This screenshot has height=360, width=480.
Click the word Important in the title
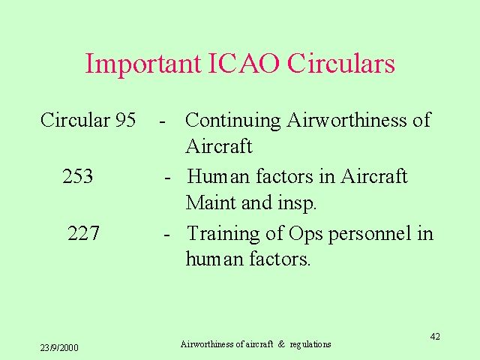coord(143,64)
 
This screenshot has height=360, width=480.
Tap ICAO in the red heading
coord(244,63)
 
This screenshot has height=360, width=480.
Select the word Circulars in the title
coord(341,63)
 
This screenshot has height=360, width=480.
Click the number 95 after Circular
coord(125,120)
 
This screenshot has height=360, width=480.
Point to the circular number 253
coord(78,176)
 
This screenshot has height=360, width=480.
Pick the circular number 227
coord(83,233)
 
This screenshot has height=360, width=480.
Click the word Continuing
coord(233,121)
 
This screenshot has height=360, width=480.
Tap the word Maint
coord(211,202)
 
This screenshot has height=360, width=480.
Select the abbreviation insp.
coord(297,203)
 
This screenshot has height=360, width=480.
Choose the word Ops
coord(305,234)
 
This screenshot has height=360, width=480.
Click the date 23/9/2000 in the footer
coord(59,348)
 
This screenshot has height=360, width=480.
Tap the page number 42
coord(435,337)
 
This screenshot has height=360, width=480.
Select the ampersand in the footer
coord(281,344)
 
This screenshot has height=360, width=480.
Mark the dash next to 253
coord(167,178)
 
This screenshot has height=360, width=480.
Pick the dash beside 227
coord(166,235)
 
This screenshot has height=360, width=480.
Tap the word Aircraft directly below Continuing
coord(219,146)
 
